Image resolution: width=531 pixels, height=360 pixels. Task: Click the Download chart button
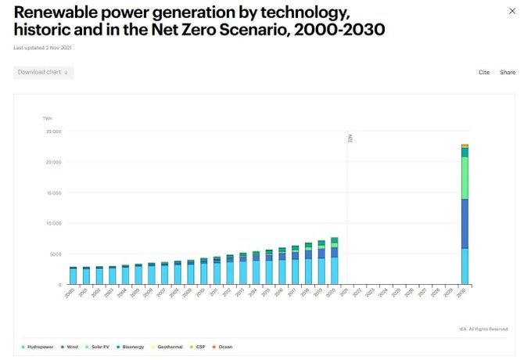(44, 72)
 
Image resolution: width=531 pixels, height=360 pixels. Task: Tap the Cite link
(484, 72)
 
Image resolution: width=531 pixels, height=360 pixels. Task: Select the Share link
(508, 72)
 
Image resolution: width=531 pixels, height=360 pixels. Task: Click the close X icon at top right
(512, 11)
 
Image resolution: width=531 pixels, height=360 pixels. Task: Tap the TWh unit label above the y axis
(48, 118)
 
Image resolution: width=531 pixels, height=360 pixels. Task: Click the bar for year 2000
(73, 275)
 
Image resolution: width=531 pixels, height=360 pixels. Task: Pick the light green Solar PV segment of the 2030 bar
(465, 178)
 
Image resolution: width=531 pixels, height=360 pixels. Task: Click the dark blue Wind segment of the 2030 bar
(465, 223)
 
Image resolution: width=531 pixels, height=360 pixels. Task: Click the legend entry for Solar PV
(99, 346)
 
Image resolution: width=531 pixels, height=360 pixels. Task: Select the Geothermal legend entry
(168, 346)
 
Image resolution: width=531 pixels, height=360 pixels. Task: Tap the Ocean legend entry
(223, 346)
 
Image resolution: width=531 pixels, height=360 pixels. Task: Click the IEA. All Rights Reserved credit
(484, 329)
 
